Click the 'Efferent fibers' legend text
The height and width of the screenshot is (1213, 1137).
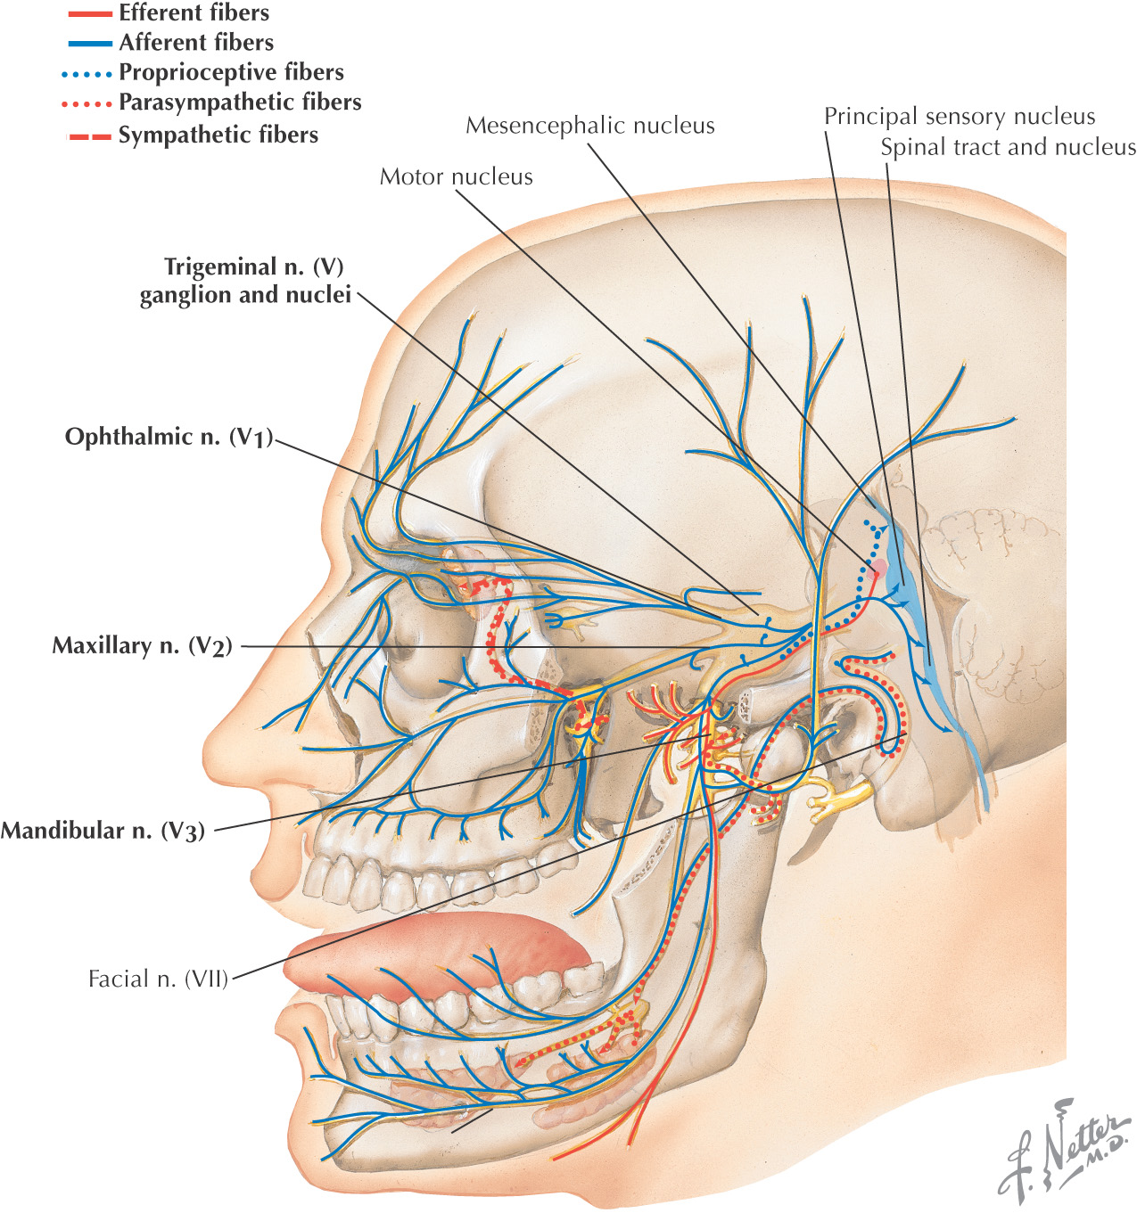[194, 12]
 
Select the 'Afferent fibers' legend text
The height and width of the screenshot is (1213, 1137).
[196, 42]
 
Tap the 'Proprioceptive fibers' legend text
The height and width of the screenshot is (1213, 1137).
[231, 72]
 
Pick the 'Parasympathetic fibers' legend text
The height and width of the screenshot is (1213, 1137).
[240, 102]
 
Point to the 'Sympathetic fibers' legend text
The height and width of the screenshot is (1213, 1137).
[218, 135]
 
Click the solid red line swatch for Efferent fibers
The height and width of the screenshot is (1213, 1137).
[89, 14]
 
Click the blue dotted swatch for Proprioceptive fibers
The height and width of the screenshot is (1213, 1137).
[89, 74]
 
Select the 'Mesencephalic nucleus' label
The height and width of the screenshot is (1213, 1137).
[589, 126]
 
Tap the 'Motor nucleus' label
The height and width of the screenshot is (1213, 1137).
[456, 176]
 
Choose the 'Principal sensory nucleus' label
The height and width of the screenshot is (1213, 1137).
[959, 117]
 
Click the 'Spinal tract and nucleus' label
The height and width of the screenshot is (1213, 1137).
[1008, 147]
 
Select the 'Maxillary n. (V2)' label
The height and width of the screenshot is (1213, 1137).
[142, 645]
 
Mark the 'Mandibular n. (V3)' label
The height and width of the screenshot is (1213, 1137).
[103, 831]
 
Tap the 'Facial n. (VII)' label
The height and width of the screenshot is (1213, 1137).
[158, 979]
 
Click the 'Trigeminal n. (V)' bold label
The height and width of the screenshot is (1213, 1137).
[253, 267]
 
